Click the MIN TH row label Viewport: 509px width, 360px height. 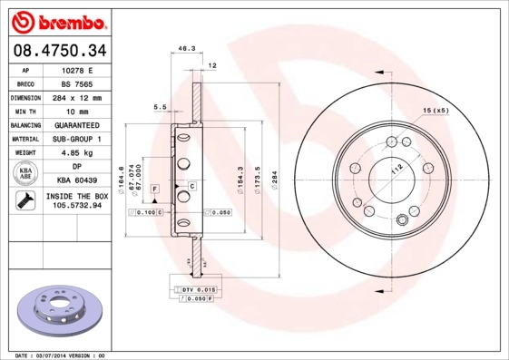tap(25, 111)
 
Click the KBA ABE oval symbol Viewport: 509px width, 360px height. tap(25, 174)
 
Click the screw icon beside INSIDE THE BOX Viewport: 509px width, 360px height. tap(25, 201)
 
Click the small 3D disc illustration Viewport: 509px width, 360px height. tap(57, 309)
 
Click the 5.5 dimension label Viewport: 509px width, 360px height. tap(160, 107)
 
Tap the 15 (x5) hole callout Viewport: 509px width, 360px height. tap(435, 111)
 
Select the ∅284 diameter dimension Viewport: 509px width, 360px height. tap(273, 174)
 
